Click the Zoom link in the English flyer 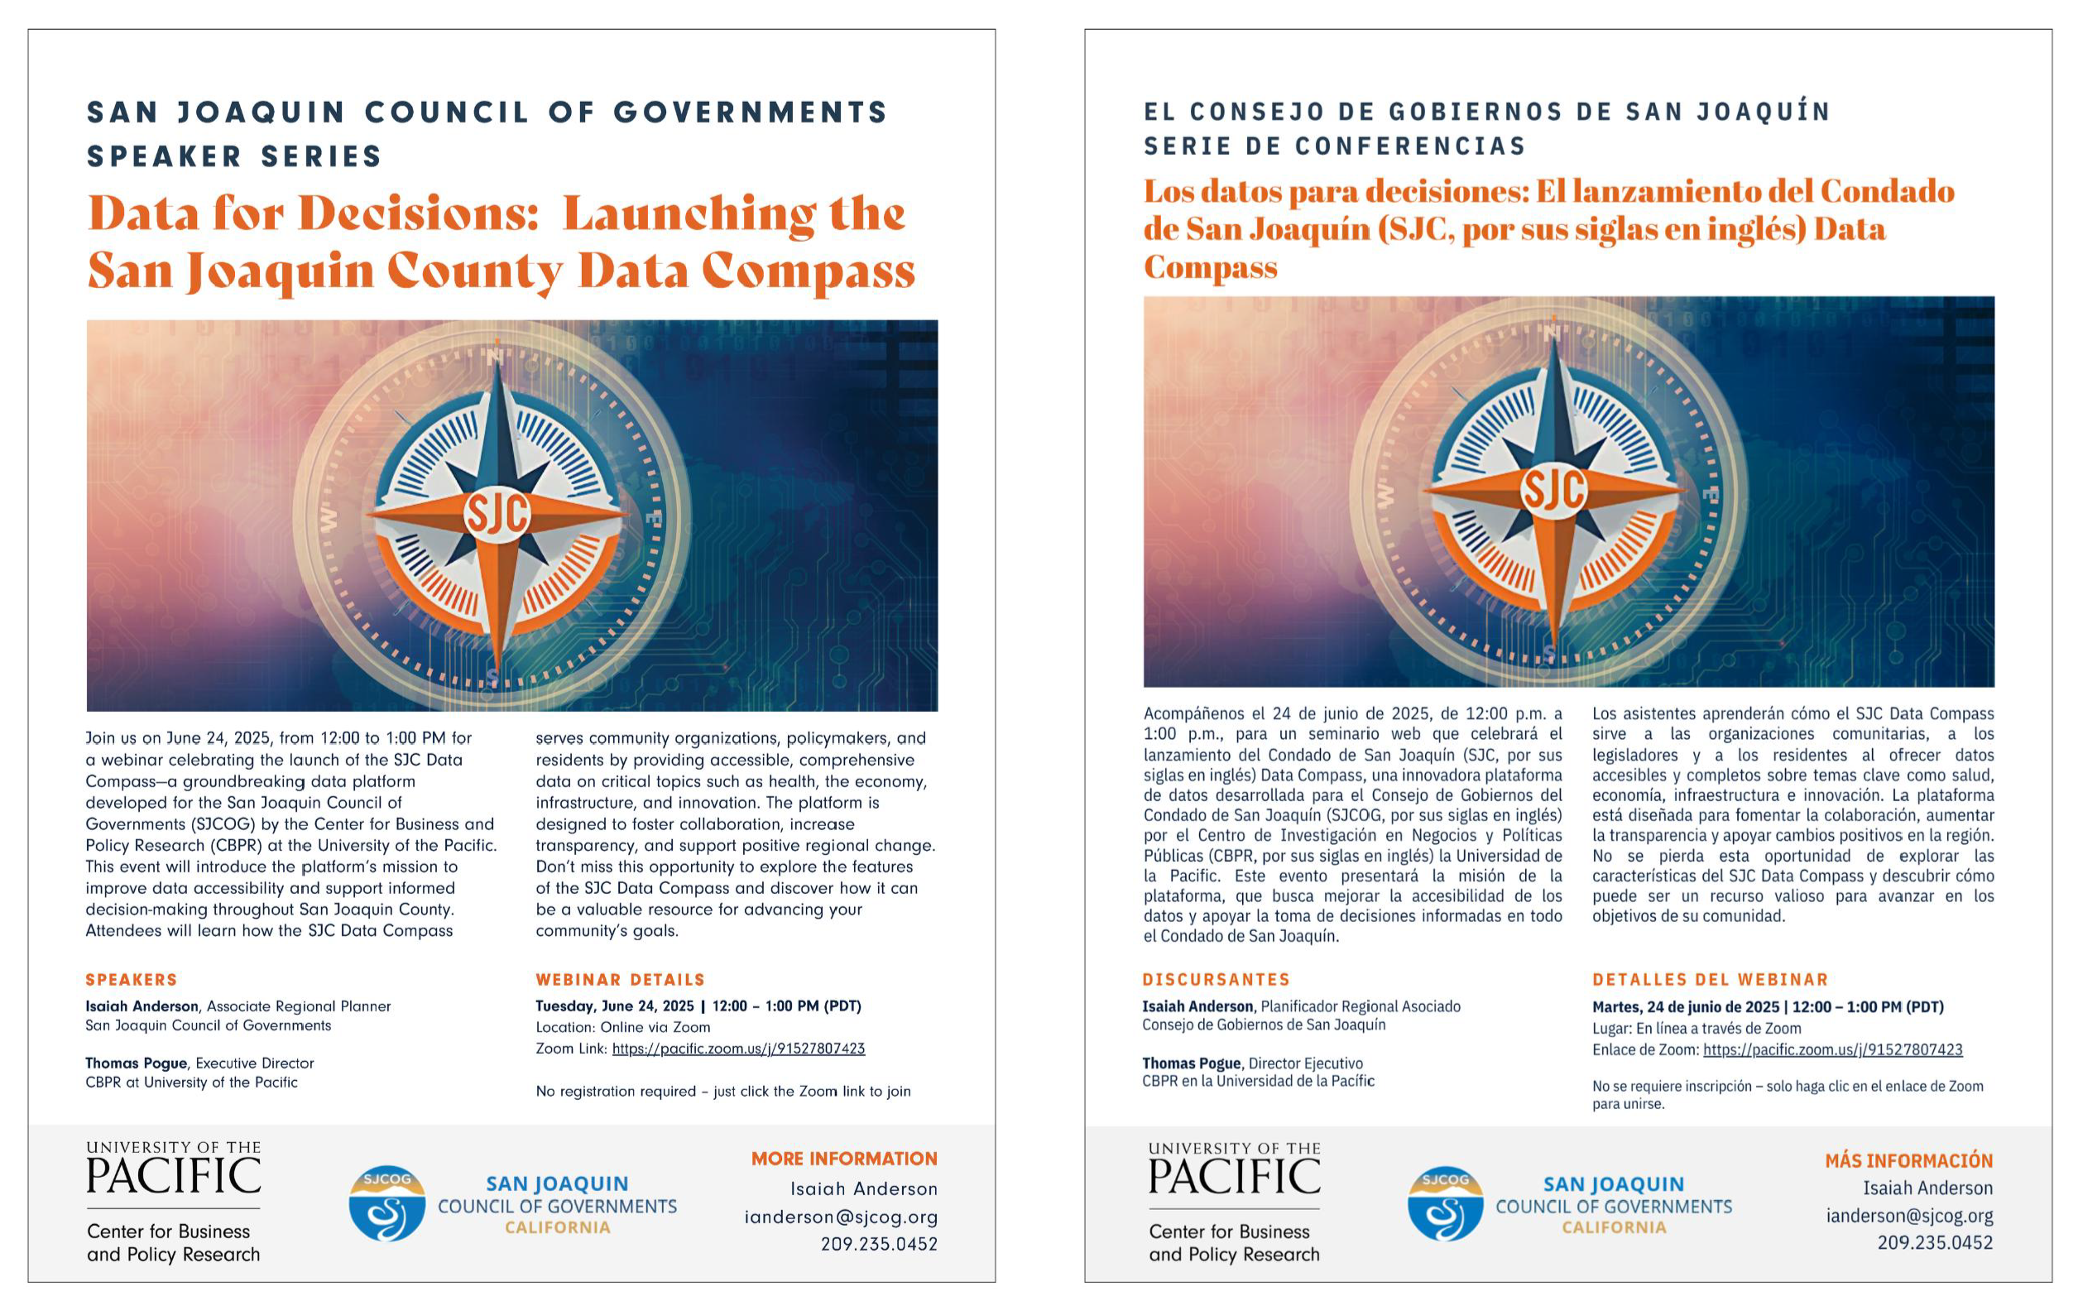click(x=738, y=1049)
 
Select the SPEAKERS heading click(x=132, y=980)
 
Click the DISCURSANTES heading click(x=1216, y=980)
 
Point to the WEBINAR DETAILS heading click(x=620, y=980)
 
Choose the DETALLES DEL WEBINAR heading click(x=1710, y=980)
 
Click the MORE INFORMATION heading click(x=843, y=1160)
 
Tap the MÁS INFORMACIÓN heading click(x=1908, y=1161)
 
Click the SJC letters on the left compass click(x=497, y=515)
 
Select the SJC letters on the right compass click(x=1553, y=490)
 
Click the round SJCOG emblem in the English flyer click(x=386, y=1204)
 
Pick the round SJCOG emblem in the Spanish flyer click(x=1445, y=1204)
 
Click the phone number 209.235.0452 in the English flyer click(x=879, y=1245)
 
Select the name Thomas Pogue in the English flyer click(x=136, y=1064)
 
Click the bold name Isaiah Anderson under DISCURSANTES click(x=1197, y=1006)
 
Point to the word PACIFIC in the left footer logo click(x=174, y=1177)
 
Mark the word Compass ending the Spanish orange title click(x=1210, y=267)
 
